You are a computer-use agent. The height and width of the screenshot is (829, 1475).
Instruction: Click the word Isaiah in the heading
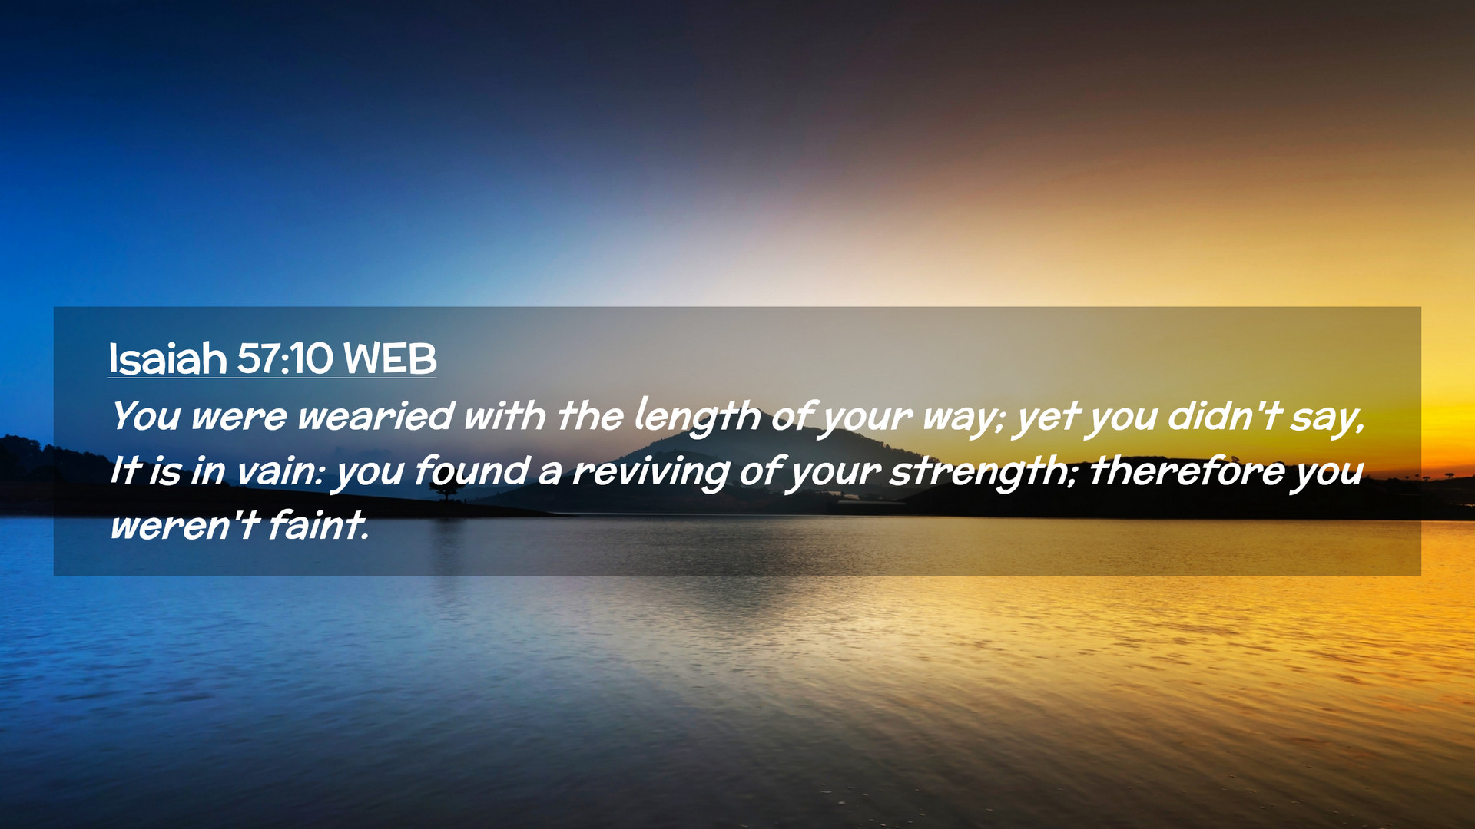[x=167, y=358]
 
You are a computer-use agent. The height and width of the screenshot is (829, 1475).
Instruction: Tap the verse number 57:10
[x=285, y=358]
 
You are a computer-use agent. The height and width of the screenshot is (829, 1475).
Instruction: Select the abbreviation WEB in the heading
[x=389, y=358]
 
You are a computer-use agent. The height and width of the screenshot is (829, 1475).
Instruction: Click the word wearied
[x=376, y=416]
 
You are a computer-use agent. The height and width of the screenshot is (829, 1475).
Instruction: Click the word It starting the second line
[x=125, y=471]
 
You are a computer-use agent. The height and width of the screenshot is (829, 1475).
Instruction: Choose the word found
[x=471, y=471]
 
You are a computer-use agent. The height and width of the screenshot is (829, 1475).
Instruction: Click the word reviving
[x=650, y=473]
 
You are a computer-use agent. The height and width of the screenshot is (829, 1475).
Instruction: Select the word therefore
[x=1186, y=471]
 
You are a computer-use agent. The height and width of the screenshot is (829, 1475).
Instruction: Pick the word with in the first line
[x=505, y=415]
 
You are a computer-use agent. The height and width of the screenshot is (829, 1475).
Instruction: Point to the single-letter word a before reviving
[x=550, y=474]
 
